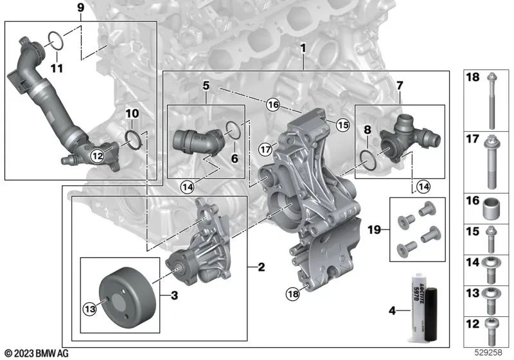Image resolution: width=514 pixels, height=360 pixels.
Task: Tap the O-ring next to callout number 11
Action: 56,40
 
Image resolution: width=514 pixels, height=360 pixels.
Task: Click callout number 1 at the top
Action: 303,49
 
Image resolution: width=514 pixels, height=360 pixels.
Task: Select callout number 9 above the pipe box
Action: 80,8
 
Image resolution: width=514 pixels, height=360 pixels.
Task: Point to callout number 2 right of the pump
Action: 261,266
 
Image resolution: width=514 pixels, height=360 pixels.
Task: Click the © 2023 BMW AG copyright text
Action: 37,353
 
